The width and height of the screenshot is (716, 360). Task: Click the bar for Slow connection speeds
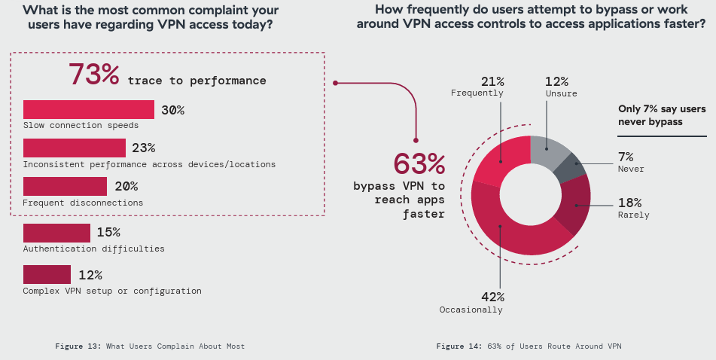pyautogui.click(x=89, y=110)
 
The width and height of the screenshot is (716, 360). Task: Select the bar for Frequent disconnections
pyautogui.click(x=65, y=186)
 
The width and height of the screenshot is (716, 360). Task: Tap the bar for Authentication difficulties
pyautogui.click(x=56, y=233)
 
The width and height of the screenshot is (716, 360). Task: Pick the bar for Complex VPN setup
pyautogui.click(x=47, y=274)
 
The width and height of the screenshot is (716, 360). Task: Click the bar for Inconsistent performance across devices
pyautogui.click(x=75, y=148)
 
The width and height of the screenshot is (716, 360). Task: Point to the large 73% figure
pyautogui.click(x=94, y=75)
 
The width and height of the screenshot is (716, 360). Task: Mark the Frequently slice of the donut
pyautogui.click(x=498, y=154)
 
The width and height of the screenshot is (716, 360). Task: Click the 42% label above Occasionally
pyautogui.click(x=492, y=296)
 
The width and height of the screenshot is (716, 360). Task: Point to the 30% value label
pyautogui.click(x=172, y=110)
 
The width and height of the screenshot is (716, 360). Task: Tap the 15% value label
pyautogui.click(x=108, y=233)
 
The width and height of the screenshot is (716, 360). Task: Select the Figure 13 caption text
pyautogui.click(x=150, y=346)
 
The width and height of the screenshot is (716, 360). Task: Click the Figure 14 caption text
pyautogui.click(x=529, y=346)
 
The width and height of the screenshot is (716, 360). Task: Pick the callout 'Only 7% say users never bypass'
pyautogui.click(x=661, y=115)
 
